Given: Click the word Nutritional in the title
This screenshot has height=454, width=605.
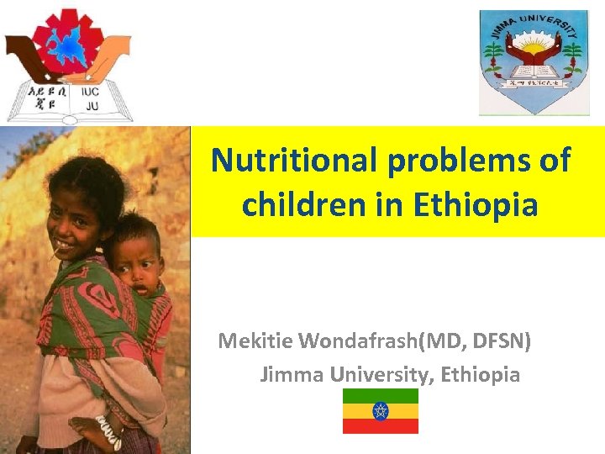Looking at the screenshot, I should pos(294,160).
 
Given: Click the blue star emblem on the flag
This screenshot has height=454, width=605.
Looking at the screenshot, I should pos(380,411).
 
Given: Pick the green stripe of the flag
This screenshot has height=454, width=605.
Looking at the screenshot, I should pos(380,395).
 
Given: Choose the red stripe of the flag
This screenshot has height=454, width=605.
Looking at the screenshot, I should pos(380,426).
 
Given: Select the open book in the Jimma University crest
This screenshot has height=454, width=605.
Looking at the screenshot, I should pos(533,64).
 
